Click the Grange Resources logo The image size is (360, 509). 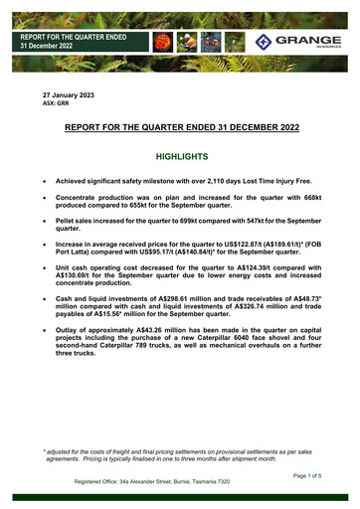(x=297, y=42)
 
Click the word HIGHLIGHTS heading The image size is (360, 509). (x=180, y=156)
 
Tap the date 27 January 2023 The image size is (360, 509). (x=68, y=93)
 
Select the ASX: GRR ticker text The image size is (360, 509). (x=55, y=102)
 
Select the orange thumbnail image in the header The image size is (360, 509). (x=161, y=43)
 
